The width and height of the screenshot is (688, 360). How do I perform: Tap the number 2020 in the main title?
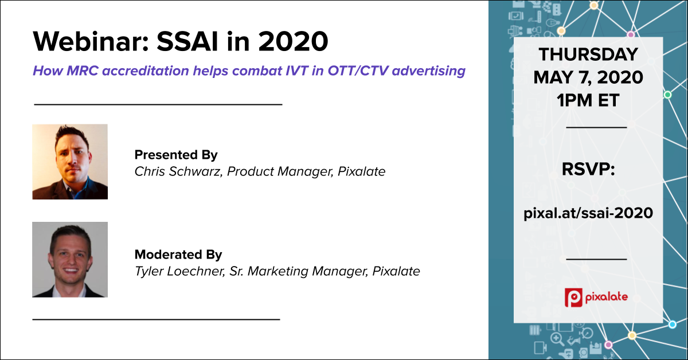point(293,41)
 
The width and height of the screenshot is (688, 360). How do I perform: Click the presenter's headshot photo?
point(70,162)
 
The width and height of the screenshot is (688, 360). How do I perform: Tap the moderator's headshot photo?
point(70,260)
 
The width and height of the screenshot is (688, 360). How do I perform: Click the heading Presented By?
point(176,155)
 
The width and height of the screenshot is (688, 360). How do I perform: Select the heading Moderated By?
point(178,255)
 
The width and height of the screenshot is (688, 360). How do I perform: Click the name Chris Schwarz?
point(178,171)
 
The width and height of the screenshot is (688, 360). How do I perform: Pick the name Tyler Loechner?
point(180,271)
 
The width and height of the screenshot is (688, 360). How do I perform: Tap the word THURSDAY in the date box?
point(588,54)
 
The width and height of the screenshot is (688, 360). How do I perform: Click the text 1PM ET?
point(588,100)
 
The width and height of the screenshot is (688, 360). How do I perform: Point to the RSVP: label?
point(588,169)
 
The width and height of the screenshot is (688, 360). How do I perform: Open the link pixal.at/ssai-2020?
point(588,213)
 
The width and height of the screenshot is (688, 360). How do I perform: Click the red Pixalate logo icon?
point(573,298)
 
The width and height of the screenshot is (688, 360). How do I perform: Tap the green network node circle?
point(667,95)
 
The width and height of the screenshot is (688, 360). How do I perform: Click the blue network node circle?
point(673,324)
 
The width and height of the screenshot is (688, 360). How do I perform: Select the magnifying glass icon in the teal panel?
point(557,339)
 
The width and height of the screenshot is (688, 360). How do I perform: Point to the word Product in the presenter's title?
point(250,171)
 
